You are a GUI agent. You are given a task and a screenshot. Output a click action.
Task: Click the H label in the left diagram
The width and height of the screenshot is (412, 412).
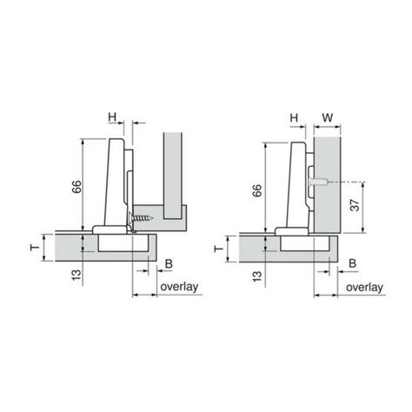[x=112, y=117]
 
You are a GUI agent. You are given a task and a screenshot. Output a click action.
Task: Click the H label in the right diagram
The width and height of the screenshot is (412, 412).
[x=294, y=118]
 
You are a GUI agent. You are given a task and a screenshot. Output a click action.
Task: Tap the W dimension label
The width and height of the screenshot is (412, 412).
[x=328, y=118]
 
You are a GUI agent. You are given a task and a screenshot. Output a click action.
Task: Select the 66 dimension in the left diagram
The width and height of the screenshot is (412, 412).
[x=76, y=187]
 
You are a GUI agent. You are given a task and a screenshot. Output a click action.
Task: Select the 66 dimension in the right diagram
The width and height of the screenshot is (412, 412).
[x=257, y=190]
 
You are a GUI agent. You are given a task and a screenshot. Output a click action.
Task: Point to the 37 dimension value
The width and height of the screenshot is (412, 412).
[x=355, y=205]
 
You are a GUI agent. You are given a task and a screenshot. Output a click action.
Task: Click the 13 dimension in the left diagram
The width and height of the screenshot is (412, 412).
[x=76, y=275]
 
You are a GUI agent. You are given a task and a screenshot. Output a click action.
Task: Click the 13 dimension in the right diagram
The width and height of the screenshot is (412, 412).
[x=257, y=276]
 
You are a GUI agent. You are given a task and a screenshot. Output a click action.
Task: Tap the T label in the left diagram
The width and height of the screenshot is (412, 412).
[x=35, y=248]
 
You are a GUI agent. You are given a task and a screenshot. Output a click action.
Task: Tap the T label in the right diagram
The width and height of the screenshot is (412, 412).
[x=218, y=249]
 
